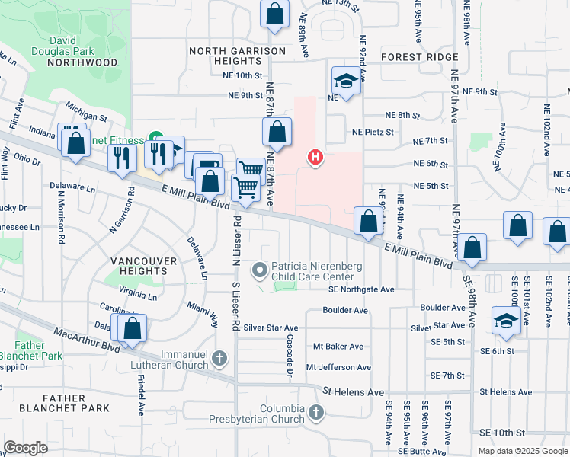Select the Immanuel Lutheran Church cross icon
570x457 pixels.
pos(219,357)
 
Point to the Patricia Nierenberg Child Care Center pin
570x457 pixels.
pos(261,269)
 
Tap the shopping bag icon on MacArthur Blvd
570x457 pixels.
pos(133,329)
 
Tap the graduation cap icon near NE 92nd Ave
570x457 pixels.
pos(345,81)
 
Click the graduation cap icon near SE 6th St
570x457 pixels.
pos(505,321)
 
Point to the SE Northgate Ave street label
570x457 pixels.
pos(361,289)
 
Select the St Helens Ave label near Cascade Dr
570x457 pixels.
pos(353,391)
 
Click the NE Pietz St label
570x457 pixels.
pos(372,132)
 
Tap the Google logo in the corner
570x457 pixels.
pos(25,447)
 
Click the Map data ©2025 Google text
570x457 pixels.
pos(522,450)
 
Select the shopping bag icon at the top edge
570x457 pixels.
pos(275,14)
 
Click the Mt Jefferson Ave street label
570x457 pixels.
pos(338,367)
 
